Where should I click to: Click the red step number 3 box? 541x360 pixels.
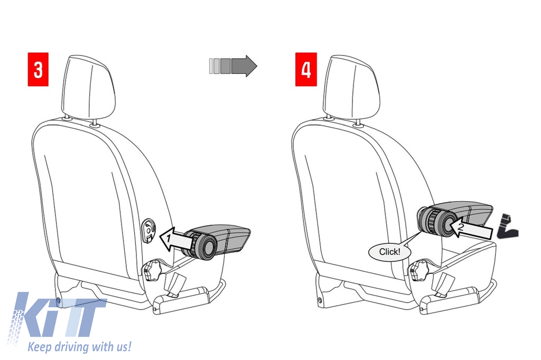point(38,69)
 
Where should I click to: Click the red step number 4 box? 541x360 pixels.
point(306,69)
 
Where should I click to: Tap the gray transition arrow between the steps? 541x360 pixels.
point(233,65)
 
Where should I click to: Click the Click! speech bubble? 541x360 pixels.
point(390,252)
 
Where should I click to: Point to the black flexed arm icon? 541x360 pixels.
point(507,226)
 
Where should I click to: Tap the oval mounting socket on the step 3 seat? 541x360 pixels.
point(148,230)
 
